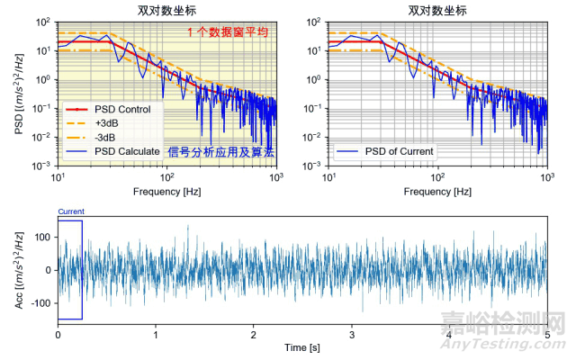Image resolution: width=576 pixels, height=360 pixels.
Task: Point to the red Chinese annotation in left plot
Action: [229, 32]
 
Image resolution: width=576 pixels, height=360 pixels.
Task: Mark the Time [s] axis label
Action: [302, 346]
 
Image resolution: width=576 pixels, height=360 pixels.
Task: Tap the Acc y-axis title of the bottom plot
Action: [19, 269]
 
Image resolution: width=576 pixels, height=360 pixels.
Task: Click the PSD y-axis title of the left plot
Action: [19, 93]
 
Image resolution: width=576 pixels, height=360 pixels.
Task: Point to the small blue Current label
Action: [71, 211]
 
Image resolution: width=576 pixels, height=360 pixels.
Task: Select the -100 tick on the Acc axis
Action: [41, 303]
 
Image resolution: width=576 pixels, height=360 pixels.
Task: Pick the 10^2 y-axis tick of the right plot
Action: [316, 22]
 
